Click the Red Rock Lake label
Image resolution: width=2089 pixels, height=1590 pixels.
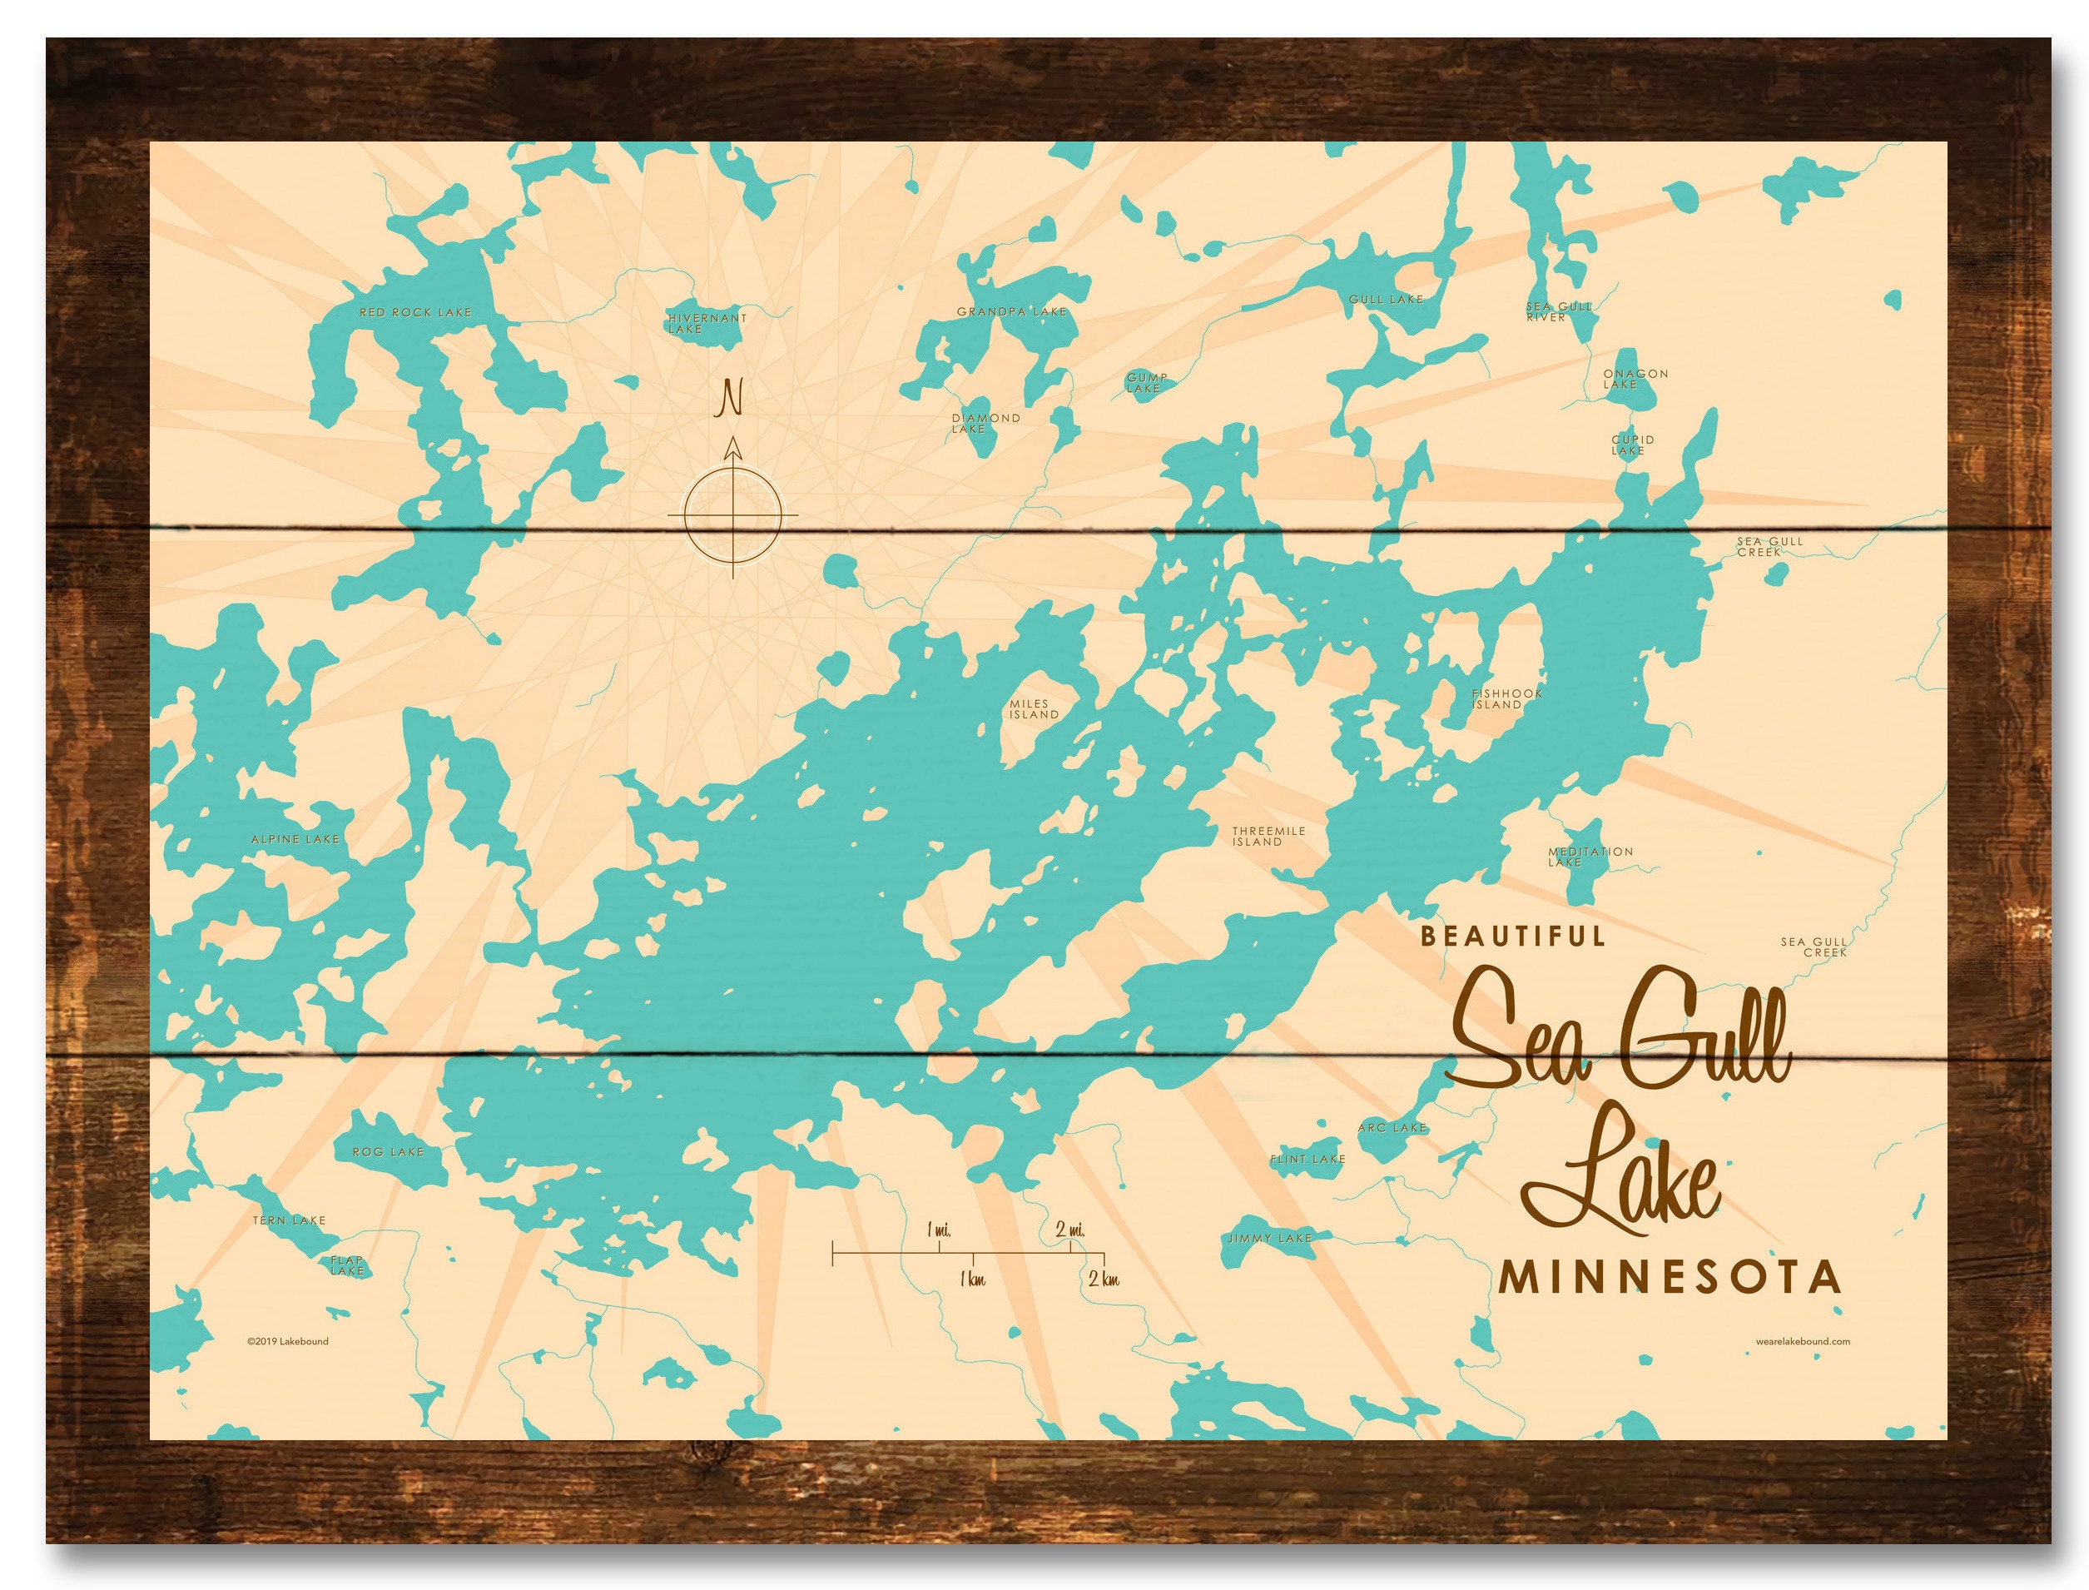[x=414, y=312]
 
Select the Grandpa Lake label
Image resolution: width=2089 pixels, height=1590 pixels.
[x=1010, y=311]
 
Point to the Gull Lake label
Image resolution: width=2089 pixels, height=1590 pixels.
[x=1385, y=299]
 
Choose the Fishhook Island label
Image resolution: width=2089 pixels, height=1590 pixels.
[x=1506, y=698]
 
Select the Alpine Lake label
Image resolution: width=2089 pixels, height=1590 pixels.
[x=295, y=839]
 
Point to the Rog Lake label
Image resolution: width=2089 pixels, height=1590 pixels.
[x=387, y=1152]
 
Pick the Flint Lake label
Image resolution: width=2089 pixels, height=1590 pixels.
[x=1307, y=1160]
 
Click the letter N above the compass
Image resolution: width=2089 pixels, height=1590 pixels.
[x=729, y=398]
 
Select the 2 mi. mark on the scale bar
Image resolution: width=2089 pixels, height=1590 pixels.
[x=1070, y=1230]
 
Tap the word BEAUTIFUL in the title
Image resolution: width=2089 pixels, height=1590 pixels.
[x=1512, y=936]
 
